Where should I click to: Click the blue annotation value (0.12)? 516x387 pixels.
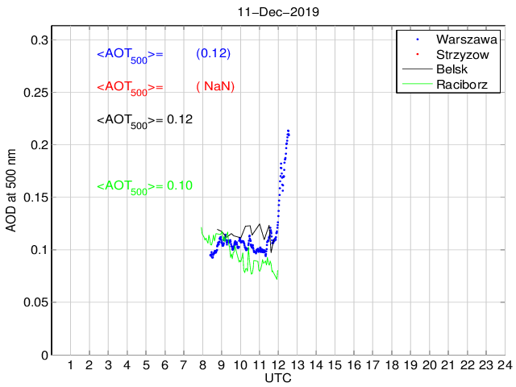click(214, 53)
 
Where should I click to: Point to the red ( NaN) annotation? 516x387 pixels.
click(214, 86)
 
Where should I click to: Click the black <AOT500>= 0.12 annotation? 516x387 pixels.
click(144, 120)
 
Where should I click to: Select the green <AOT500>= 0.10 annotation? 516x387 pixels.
click(144, 186)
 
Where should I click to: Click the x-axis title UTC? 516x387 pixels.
click(278, 378)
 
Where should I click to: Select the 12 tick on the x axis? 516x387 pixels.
click(278, 366)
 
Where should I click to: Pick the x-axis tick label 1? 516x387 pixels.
click(70, 366)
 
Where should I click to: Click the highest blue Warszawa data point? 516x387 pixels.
click(288, 131)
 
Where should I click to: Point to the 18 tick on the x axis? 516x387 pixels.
click(392, 366)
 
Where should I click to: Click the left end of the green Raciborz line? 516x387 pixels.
click(201, 227)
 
